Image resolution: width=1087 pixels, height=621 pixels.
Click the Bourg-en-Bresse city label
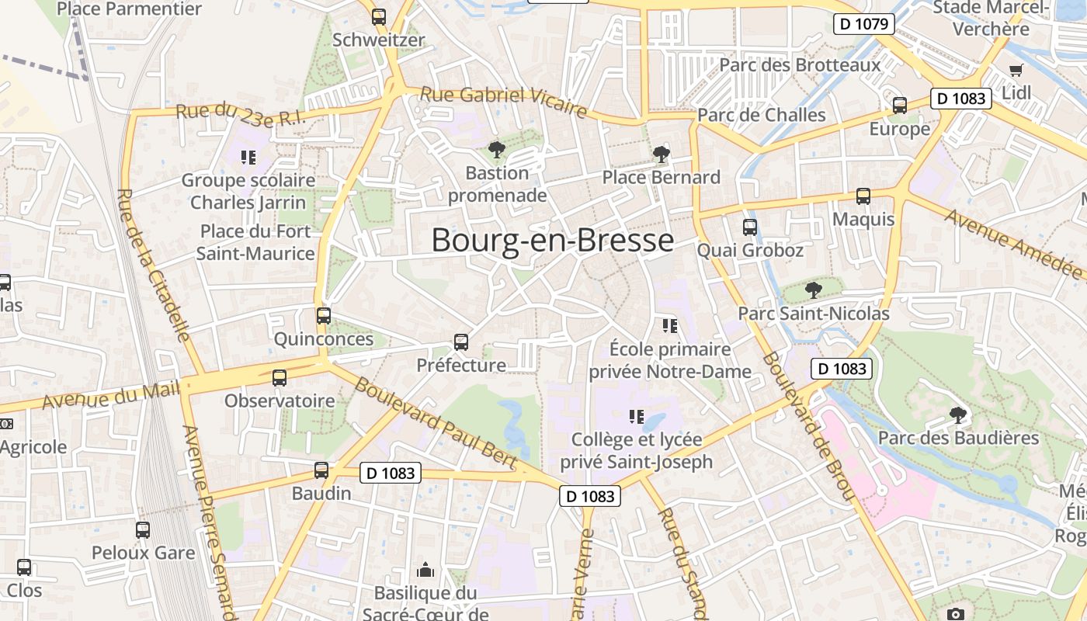pos(552,241)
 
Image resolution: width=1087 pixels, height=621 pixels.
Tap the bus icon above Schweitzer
pos(379,16)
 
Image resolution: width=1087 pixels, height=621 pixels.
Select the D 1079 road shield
pos(863,23)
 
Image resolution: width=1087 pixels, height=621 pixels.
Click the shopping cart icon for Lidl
pos(1016,71)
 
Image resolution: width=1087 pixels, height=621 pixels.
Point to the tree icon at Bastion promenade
pos(496,149)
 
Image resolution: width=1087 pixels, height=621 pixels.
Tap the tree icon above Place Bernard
pos(662,154)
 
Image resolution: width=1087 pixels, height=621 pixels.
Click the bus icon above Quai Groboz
pos(749,227)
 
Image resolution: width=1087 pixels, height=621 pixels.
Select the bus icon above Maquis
pos(863,196)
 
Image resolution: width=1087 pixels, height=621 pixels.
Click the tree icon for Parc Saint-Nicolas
pos(813,290)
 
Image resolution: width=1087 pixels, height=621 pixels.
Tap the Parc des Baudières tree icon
pos(958,415)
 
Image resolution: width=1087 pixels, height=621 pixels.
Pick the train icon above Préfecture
pos(460,342)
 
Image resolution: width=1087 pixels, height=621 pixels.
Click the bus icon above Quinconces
pos(324,316)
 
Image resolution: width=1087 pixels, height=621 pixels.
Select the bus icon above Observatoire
pos(279,378)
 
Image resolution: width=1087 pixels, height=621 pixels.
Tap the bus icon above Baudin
pos(321,470)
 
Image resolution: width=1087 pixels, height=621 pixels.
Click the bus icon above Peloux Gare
pos(143,530)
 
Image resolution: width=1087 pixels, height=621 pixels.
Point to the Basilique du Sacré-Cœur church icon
pos(425,571)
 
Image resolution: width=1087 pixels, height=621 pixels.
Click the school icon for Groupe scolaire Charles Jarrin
pos(248,158)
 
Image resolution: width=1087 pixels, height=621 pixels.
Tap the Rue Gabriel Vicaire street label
pos(503,102)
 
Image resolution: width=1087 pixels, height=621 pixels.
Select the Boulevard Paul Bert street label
pos(436,424)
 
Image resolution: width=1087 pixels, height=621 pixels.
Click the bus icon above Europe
pos(899,105)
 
